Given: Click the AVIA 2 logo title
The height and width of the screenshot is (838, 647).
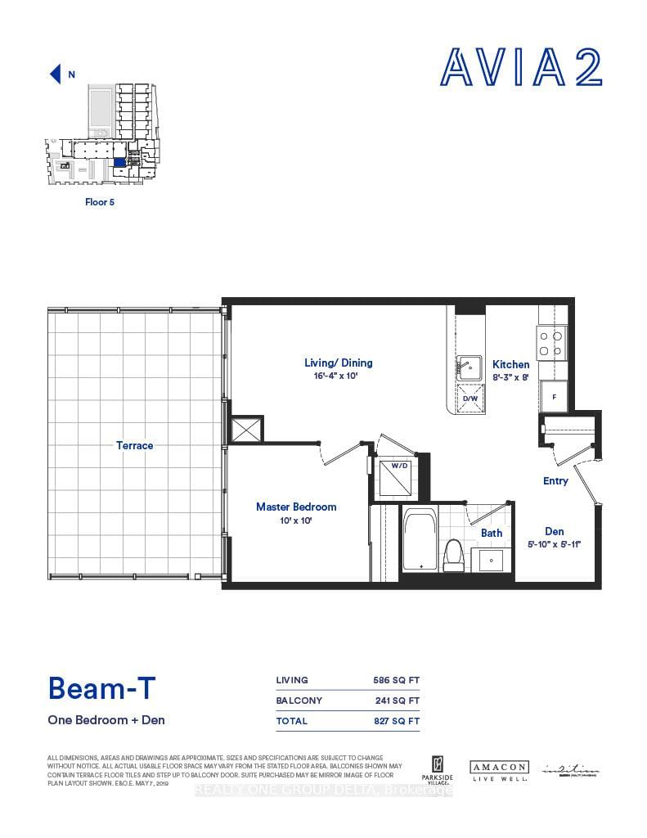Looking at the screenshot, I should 522,68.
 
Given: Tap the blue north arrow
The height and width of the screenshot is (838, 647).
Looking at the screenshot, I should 56,74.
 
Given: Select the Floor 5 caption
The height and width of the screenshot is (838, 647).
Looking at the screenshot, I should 100,201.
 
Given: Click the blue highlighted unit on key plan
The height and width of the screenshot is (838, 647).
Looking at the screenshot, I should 120,162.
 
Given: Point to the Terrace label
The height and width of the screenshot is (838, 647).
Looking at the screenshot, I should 135,446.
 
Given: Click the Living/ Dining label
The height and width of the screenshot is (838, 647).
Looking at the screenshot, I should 339,363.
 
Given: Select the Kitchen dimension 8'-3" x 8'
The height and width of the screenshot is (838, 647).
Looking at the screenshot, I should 511,377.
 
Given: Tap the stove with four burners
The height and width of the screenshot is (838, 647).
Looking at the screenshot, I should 552,342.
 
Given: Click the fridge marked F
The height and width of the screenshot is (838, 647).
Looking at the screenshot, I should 553,397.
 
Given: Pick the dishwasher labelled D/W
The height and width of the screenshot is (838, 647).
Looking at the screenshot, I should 470,398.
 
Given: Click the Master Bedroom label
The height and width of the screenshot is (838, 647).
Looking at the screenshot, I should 296,507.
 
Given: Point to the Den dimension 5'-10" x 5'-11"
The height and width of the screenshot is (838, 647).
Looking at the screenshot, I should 555,544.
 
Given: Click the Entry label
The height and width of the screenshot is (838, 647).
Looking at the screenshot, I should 555,481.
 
